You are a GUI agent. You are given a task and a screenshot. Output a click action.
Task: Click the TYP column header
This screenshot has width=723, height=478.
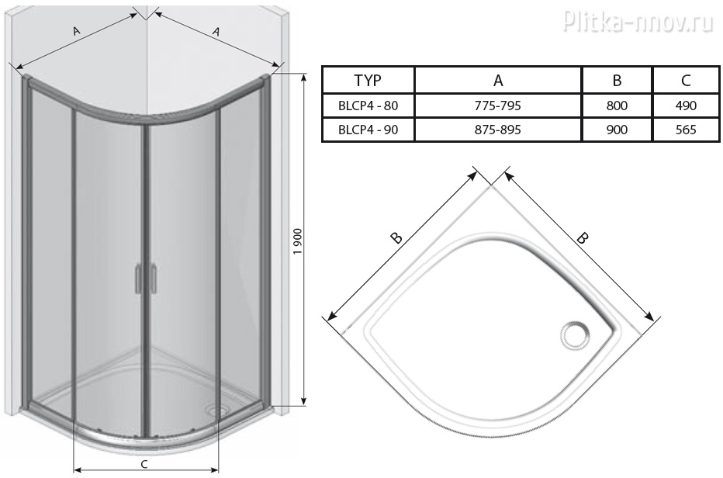[x=368, y=80]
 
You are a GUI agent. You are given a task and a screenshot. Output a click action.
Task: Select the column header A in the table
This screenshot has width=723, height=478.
[x=498, y=80]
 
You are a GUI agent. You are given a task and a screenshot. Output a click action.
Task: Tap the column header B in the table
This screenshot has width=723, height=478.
[x=617, y=80]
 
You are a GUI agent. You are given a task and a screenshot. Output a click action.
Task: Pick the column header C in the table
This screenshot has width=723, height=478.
[x=686, y=80]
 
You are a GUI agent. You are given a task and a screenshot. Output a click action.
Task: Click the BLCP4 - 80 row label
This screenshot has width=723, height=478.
[x=368, y=106]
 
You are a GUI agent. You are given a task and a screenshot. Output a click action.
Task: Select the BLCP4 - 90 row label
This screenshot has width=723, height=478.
[x=368, y=130]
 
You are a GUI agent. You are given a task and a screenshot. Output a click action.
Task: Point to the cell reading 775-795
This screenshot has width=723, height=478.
[x=498, y=106]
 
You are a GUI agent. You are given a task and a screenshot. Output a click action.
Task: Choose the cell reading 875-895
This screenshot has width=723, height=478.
[x=498, y=130]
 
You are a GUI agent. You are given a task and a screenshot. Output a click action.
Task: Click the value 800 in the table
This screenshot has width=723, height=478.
[x=617, y=106]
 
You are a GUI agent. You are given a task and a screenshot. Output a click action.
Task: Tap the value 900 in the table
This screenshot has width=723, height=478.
[x=617, y=130]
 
